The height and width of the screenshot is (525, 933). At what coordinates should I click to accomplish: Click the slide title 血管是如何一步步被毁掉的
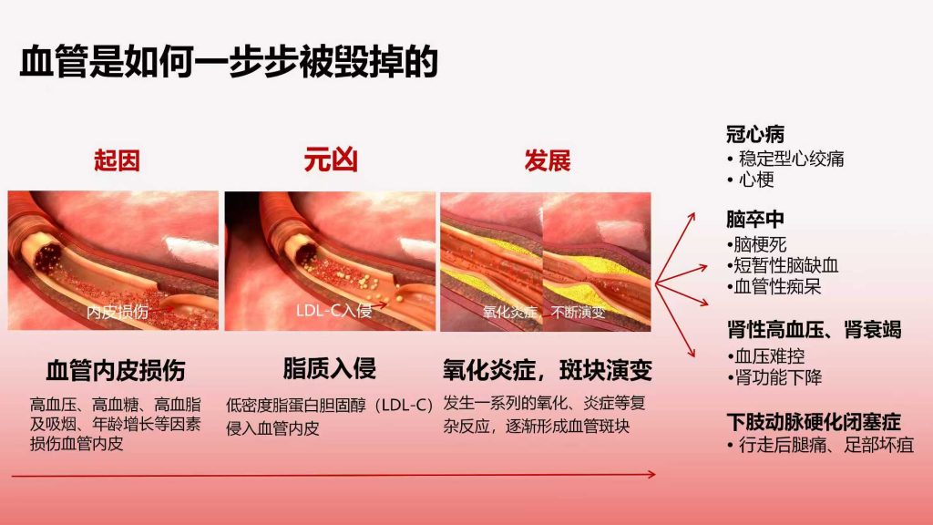(x=229, y=61)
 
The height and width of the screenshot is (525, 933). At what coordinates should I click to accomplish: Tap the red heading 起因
(x=117, y=160)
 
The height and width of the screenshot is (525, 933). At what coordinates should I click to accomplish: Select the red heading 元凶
(x=330, y=160)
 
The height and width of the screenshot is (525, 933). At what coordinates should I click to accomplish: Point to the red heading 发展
(x=548, y=160)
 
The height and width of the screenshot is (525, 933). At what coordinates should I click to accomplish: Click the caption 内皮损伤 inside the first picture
(x=118, y=312)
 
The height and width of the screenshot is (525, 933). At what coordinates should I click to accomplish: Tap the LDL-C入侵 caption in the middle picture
(x=333, y=310)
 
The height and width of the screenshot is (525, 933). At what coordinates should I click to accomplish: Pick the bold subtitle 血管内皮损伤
(x=116, y=370)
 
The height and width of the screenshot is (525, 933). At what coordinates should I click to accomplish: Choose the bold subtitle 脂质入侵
(x=330, y=368)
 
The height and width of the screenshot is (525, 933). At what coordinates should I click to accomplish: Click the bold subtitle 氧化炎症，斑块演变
(x=548, y=370)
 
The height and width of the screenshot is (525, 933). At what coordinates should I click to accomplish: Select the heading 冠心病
(x=755, y=134)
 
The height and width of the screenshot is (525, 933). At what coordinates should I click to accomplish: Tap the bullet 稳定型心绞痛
(x=792, y=159)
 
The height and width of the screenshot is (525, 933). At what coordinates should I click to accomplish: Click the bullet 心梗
(x=756, y=180)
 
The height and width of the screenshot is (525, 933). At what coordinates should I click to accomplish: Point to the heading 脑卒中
(x=755, y=219)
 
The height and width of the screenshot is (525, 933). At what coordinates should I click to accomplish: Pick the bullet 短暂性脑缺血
(x=785, y=265)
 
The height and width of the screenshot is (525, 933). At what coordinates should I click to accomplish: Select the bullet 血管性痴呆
(x=777, y=286)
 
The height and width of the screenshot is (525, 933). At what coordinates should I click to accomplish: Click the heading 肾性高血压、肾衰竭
(x=814, y=329)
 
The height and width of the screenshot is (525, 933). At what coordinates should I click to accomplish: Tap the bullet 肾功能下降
(x=778, y=377)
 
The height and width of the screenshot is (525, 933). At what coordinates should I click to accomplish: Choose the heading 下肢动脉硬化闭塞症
(x=814, y=421)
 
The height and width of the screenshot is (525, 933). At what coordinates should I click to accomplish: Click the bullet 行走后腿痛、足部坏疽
(x=825, y=445)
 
